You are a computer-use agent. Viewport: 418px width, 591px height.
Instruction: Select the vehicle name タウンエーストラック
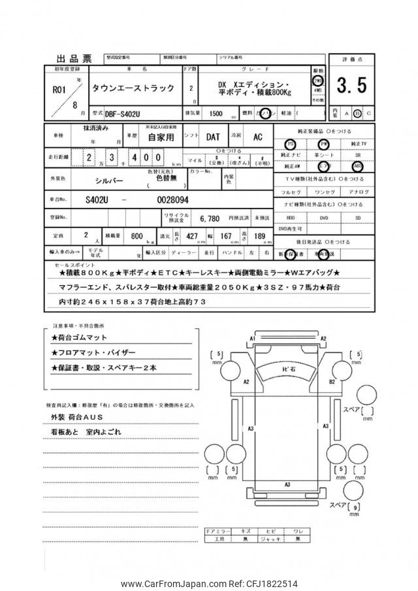[x=127, y=88]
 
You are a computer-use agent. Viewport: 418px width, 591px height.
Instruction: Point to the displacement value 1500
[x=214, y=113]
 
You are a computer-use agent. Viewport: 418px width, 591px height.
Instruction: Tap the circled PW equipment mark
[x=323, y=144]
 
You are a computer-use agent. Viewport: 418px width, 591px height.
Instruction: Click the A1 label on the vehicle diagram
[x=251, y=336]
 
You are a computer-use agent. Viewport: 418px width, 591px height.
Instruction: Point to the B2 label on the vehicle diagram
[x=332, y=380]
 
